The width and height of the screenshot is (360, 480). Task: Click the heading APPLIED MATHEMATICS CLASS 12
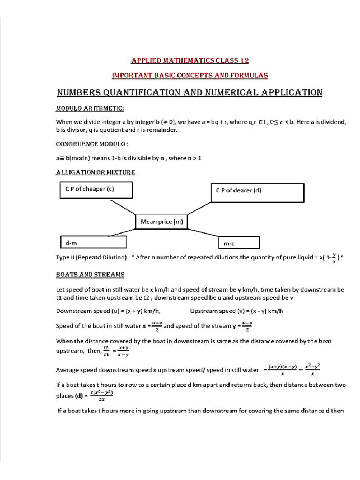coord(189,60)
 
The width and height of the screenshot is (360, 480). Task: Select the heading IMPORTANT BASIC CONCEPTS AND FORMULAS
coord(189,75)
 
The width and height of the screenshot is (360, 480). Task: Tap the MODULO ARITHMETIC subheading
coord(90,109)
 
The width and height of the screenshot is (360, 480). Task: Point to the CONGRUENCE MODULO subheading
coord(92,143)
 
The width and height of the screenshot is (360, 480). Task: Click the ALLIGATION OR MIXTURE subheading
coord(95,172)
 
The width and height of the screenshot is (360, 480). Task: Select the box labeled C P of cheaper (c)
coord(96,190)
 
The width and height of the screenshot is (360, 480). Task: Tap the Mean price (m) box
coord(161,222)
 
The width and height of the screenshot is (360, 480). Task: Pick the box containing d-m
coord(93,242)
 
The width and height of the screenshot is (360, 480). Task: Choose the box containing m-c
coord(239,243)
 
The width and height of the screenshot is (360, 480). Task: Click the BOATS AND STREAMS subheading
coord(90,274)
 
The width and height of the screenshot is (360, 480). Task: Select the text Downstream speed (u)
coord(82,311)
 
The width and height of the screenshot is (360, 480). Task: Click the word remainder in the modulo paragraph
coord(162,130)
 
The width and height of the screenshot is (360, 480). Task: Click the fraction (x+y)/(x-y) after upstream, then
coord(124,352)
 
